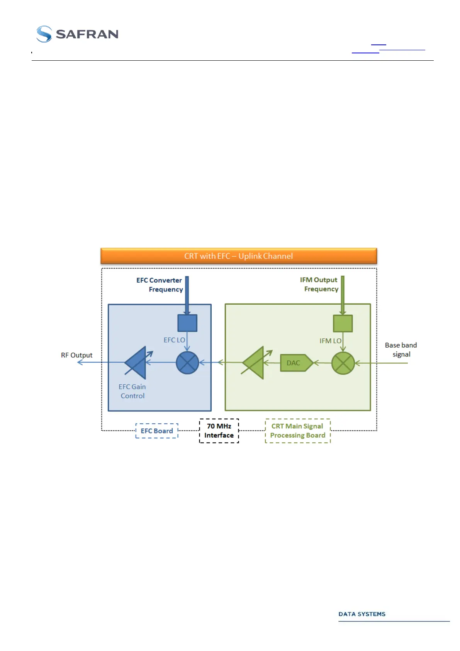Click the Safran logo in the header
pos(77,34)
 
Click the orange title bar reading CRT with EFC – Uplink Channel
pos(238,256)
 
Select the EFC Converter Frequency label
pos(160,285)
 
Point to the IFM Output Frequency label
pos(319,285)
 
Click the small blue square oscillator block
pos(187,323)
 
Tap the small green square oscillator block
pos(343,323)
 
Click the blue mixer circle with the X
pos(187,363)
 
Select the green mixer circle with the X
pos(343,363)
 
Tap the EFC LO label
pos(174,340)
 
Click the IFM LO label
pos(330,341)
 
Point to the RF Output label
pos(76,355)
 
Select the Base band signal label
pos(401,350)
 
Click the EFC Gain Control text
pos(132,391)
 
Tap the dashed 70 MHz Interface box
pos(219,431)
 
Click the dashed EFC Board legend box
pos(157,431)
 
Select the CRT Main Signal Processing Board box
pos(298,431)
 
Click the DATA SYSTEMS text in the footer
pos(362,614)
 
